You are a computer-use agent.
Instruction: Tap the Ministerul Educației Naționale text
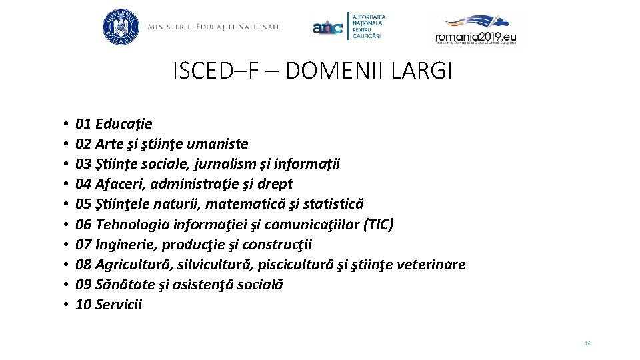213,27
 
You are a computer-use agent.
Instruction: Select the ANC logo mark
327,28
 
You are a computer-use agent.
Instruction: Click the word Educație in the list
124,124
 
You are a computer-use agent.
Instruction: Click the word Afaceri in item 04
119,184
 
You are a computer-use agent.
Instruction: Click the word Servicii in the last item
119,305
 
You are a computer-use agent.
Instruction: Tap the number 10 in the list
83,305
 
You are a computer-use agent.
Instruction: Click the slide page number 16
587,343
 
